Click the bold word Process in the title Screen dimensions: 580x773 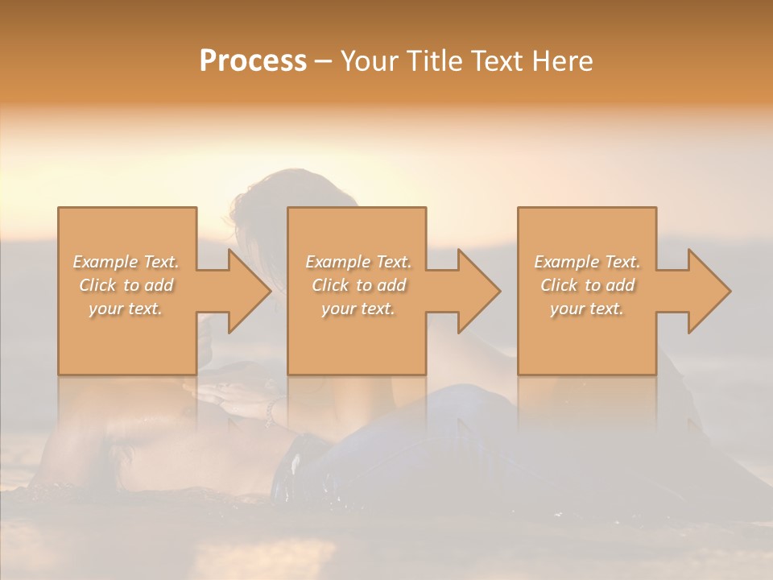tap(253, 61)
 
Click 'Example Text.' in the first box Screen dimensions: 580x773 tap(126, 262)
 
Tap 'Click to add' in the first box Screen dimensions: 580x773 tap(126, 285)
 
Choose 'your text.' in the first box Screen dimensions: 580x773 tap(126, 309)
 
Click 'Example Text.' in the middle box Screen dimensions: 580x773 tap(358, 262)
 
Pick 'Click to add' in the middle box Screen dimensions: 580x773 tap(358, 285)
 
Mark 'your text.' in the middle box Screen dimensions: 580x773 tap(358, 309)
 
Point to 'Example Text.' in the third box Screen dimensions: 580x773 tap(587, 262)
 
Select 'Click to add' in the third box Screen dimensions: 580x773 tap(587, 285)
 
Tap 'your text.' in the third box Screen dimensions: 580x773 tap(587, 309)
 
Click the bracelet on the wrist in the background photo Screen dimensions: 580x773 tap(270, 412)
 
